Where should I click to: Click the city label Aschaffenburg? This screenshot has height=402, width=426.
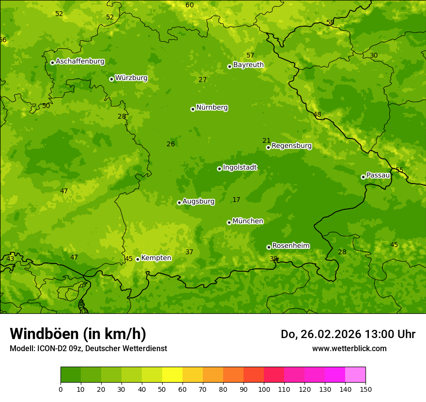(x=80, y=62)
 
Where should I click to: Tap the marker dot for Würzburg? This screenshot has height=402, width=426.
(x=111, y=79)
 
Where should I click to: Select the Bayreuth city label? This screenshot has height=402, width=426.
(x=248, y=65)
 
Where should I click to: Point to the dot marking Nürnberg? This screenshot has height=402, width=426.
(x=193, y=109)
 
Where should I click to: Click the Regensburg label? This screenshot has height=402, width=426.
(x=291, y=146)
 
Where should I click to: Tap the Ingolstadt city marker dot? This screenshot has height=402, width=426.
(x=219, y=169)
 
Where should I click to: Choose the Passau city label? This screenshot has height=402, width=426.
(x=378, y=175)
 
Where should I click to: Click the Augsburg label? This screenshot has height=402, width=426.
(x=198, y=201)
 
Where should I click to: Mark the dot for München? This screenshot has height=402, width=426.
(x=229, y=222)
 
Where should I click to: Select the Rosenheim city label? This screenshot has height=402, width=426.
(x=290, y=246)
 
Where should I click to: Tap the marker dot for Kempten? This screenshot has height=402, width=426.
(x=137, y=259)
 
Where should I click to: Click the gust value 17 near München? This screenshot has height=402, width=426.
(x=236, y=200)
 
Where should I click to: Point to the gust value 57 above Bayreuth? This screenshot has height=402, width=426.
(x=250, y=56)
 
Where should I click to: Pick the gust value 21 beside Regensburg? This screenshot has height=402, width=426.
(x=266, y=141)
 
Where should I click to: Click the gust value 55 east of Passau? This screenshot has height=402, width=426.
(x=399, y=170)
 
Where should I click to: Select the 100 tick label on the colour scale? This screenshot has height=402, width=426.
(x=264, y=389)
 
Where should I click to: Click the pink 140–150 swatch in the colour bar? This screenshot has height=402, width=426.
(x=355, y=375)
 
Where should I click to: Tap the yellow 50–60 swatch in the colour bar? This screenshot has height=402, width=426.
(x=172, y=375)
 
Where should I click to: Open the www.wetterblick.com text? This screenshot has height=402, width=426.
(x=349, y=349)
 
